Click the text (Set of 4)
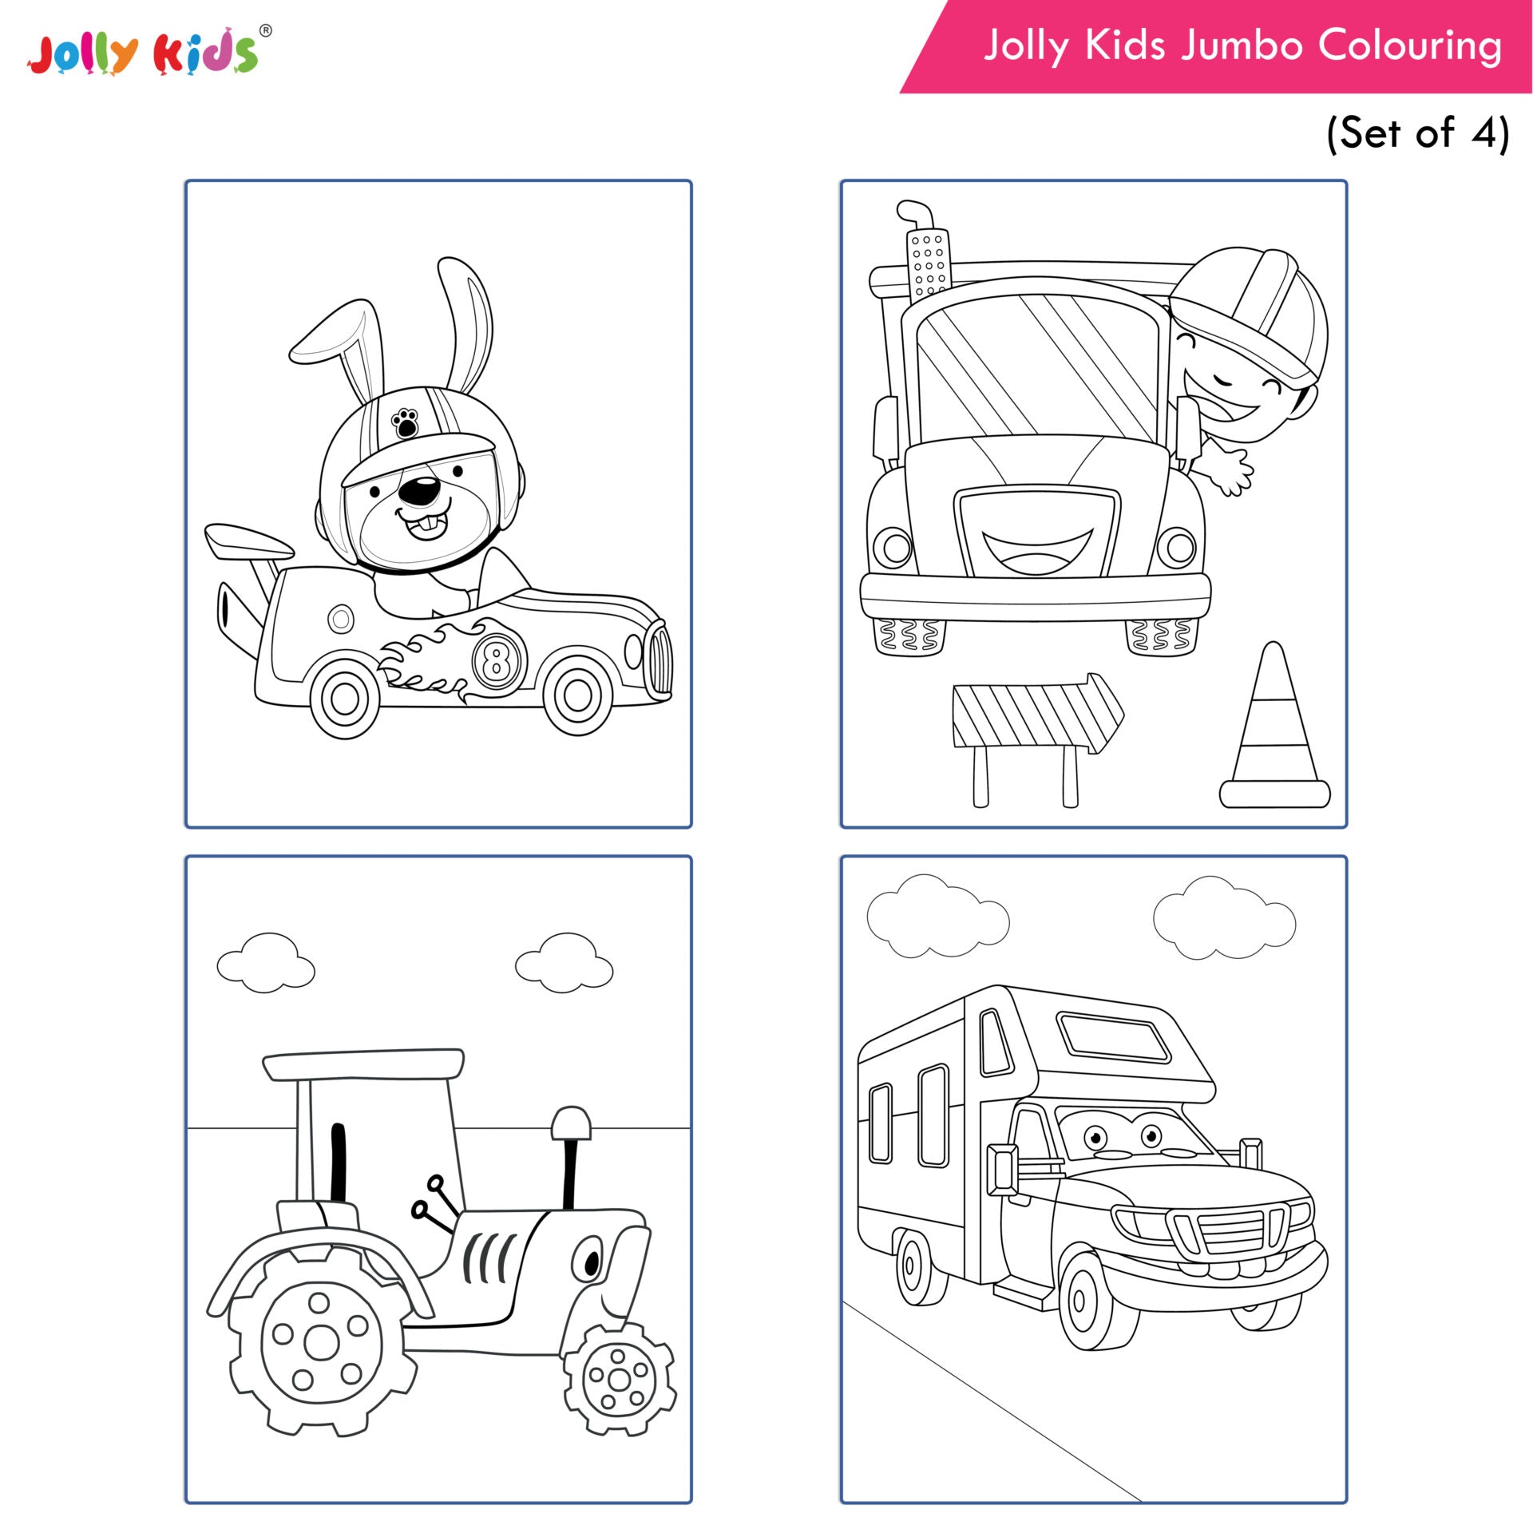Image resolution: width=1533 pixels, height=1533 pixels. point(1417,133)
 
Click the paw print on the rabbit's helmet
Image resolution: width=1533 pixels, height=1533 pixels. point(406,422)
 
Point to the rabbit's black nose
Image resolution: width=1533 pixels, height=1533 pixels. point(419,491)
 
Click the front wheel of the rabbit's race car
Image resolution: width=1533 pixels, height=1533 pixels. point(577,695)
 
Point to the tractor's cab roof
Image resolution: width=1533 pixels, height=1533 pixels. point(364,1064)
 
